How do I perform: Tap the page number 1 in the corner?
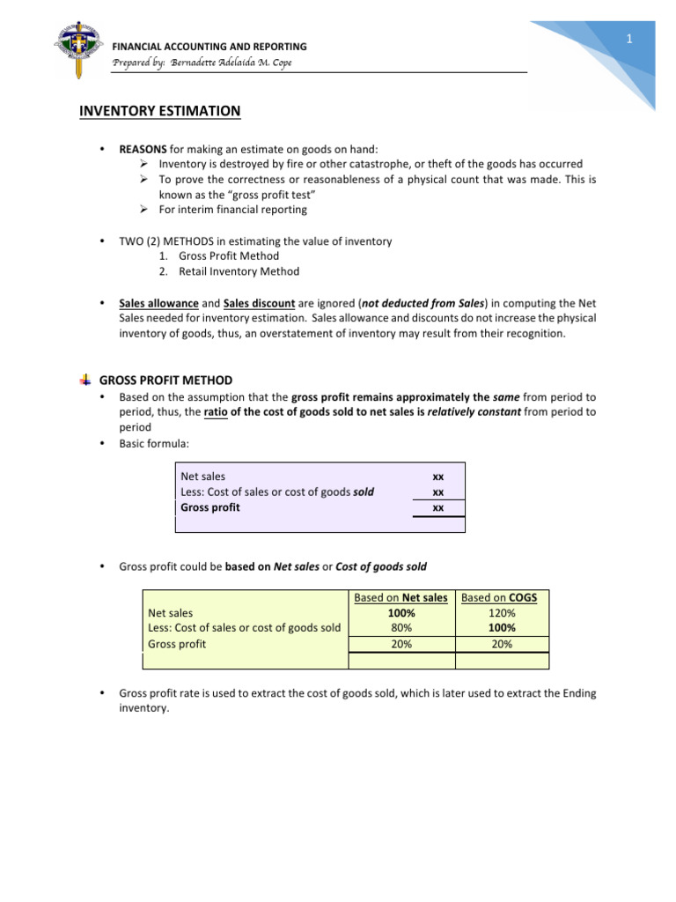(630, 40)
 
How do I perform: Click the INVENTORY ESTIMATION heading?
(159, 111)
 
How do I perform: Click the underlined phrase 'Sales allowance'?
(159, 301)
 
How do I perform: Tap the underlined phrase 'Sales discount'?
(257, 301)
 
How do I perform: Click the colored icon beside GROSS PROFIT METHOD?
(84, 381)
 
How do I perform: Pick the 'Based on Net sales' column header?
(400, 598)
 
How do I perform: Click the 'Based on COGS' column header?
(500, 598)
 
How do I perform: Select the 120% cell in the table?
(501, 613)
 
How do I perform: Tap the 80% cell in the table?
(400, 628)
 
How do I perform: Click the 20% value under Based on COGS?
(501, 644)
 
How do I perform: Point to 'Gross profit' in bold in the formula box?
(209, 507)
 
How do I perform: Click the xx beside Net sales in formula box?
(438, 477)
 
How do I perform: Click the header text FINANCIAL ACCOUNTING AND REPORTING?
(209, 46)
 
